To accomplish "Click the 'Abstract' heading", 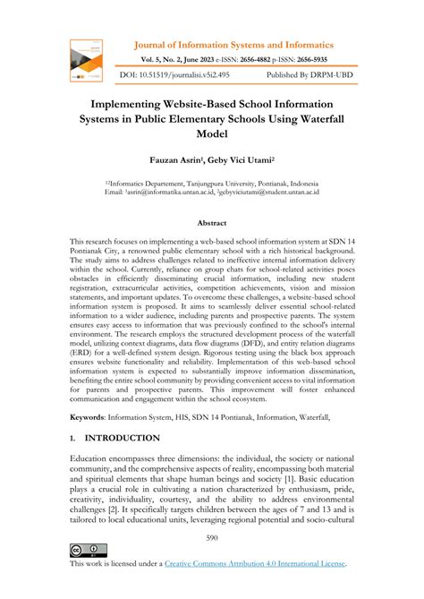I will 212,222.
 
